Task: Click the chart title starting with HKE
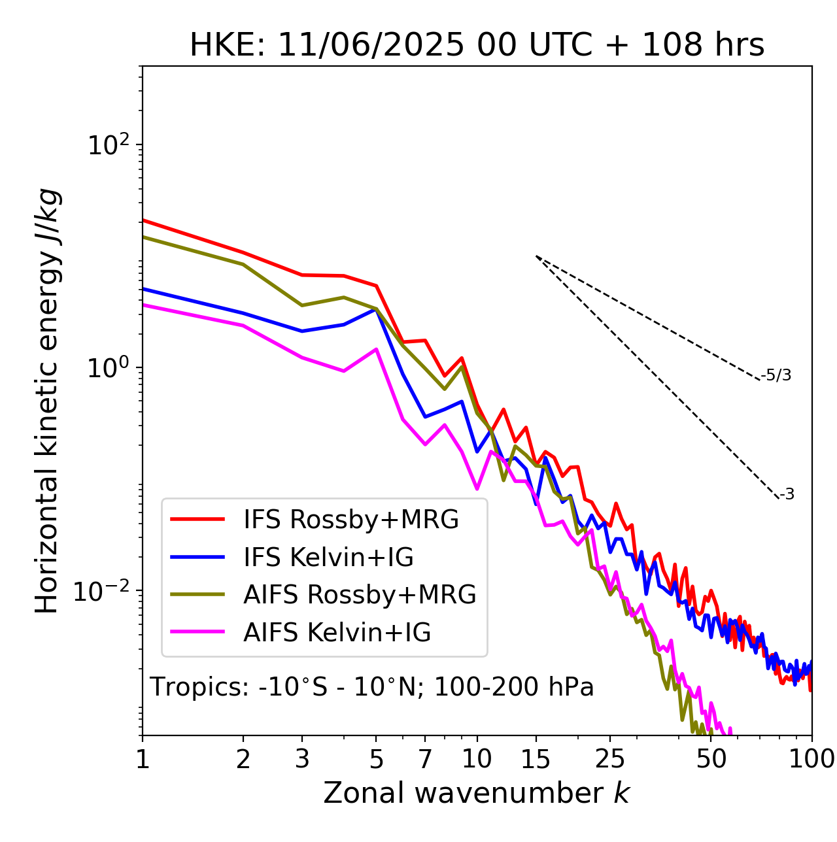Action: coord(477,46)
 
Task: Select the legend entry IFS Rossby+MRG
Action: coord(351,520)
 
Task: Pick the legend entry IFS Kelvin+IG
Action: coord(328,558)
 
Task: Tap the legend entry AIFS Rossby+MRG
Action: coord(360,595)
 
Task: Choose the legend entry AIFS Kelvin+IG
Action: coord(337,633)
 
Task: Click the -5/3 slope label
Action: coord(776,376)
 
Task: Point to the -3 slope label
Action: coord(787,495)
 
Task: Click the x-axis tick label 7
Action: coord(425,759)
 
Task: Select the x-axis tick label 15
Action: coord(536,759)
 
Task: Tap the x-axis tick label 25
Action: coord(610,759)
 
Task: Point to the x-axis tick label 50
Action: coord(711,759)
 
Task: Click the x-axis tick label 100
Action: coord(811,759)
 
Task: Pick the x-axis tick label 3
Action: coord(302,759)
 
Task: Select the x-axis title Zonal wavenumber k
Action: coord(477,794)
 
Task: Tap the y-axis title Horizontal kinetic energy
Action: coord(48,401)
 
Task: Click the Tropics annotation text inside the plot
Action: coord(372,688)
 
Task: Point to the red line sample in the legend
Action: coord(197,520)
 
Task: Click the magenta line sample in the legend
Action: coord(197,633)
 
